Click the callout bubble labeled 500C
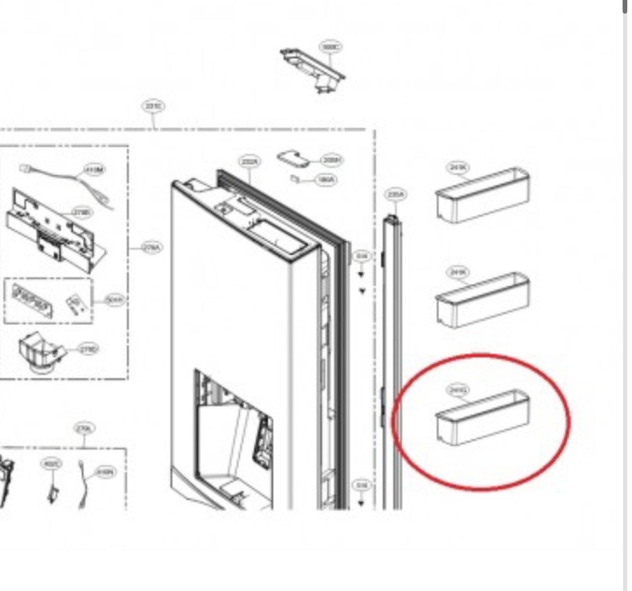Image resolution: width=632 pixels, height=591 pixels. (x=330, y=47)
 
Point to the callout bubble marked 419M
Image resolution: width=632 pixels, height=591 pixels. (x=94, y=169)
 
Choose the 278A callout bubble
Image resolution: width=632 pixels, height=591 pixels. (x=152, y=247)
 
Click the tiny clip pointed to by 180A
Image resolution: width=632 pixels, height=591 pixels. (x=295, y=179)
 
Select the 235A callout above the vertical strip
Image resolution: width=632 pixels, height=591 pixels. (x=396, y=195)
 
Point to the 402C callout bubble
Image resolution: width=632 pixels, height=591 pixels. (x=52, y=464)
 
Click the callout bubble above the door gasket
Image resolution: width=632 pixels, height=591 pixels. (x=250, y=162)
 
